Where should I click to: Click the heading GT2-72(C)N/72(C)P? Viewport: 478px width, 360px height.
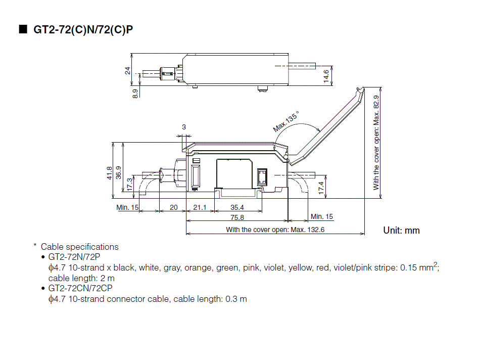click(x=83, y=30)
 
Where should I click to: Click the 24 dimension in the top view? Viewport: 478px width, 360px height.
click(x=128, y=71)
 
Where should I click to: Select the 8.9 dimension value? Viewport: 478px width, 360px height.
click(x=135, y=94)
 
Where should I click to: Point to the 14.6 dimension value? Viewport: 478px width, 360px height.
click(x=326, y=76)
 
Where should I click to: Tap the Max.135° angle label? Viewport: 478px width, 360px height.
click(x=286, y=121)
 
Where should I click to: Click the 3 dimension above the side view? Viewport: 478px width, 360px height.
click(x=184, y=127)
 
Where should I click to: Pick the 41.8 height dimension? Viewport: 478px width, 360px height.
click(x=109, y=173)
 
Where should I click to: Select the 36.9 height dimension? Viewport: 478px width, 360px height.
click(x=119, y=173)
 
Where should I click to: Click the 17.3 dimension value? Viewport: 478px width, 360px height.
click(x=130, y=184)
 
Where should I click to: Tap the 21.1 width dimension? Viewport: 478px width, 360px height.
click(x=200, y=207)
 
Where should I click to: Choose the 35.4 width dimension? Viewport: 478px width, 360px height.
click(x=237, y=207)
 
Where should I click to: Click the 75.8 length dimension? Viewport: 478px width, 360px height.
click(x=237, y=217)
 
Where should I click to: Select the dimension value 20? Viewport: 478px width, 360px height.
click(x=173, y=207)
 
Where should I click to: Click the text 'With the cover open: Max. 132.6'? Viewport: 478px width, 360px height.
click(x=275, y=230)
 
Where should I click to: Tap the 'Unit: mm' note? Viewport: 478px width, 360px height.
click(x=401, y=231)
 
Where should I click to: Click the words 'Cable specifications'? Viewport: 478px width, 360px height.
click(x=79, y=247)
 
